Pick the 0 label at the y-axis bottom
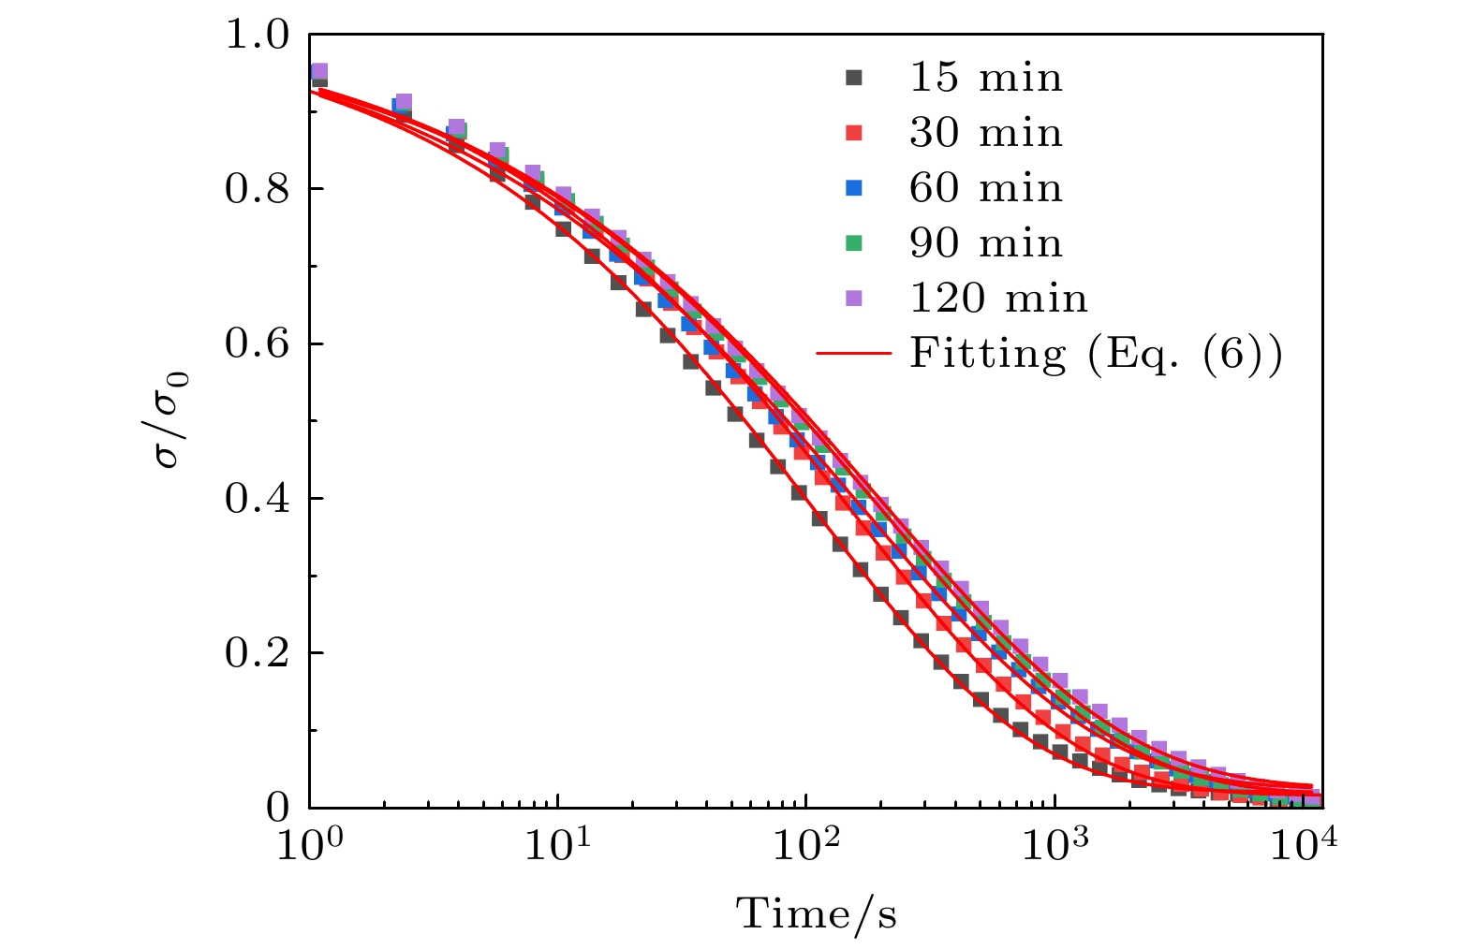(278, 807)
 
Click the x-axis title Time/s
(816, 913)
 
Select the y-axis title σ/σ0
(172, 420)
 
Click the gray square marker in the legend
(853, 79)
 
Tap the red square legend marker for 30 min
(853, 134)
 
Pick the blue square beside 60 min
(853, 189)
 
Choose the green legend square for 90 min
(853, 243)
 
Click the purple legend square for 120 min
(853, 299)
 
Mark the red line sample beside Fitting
(853, 354)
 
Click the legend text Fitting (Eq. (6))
(1095, 354)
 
